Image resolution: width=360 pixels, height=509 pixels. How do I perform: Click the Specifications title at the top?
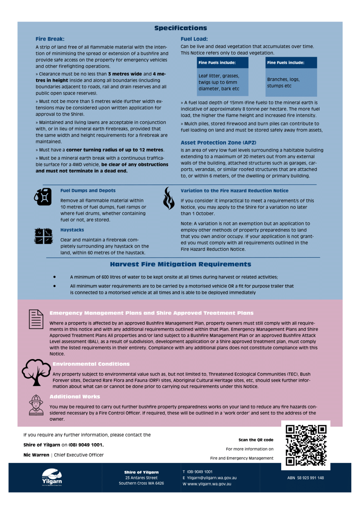181,28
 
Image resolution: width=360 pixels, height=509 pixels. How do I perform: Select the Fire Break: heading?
50,39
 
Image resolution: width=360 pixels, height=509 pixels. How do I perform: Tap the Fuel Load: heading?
194,39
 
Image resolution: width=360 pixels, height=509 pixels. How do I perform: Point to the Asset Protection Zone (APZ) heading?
218,143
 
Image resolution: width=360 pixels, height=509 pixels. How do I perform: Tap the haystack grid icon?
43,235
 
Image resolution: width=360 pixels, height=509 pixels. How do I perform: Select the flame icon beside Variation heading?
169,198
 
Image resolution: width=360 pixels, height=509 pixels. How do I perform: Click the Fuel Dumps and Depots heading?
88,191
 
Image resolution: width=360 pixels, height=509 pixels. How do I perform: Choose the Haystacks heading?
72,230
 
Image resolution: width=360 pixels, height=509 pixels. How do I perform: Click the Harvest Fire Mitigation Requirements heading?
181,264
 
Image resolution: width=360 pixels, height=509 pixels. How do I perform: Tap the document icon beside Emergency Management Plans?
36,319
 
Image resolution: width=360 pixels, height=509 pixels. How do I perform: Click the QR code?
306,445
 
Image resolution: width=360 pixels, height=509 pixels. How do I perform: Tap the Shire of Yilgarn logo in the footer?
52,477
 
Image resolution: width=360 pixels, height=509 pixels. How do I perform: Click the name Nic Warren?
36,455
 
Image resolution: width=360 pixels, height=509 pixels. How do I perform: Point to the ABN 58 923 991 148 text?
306,478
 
